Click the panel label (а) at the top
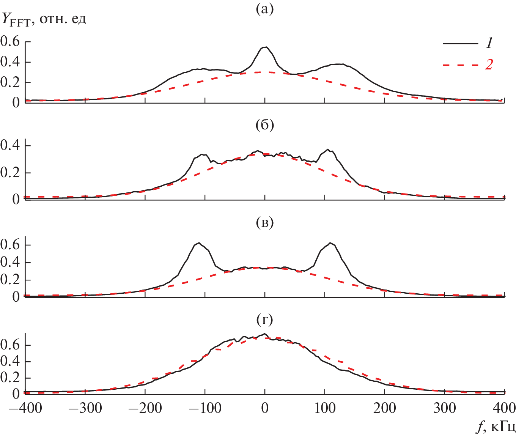264,9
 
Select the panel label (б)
264,125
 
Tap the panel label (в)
264,223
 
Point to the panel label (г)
264,320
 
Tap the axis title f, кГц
495,427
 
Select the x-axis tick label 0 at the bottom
265,408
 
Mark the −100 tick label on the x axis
205,408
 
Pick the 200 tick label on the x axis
385,408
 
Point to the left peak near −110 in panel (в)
198,243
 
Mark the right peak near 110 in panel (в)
330,243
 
